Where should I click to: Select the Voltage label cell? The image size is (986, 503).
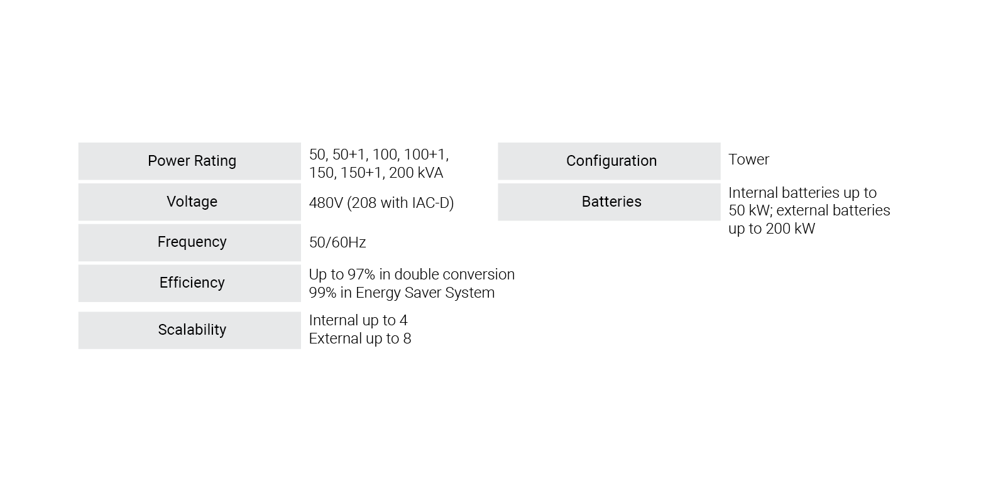[x=190, y=202]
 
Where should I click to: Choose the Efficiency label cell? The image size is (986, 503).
[x=190, y=283]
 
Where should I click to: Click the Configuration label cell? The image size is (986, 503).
[x=609, y=161]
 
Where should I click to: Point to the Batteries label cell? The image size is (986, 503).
[x=609, y=202]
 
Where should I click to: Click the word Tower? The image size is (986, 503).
[x=748, y=159]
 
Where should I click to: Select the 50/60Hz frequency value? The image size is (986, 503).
[x=337, y=242]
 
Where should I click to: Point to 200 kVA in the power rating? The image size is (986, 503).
[x=416, y=173]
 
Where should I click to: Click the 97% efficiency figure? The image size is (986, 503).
[x=361, y=274]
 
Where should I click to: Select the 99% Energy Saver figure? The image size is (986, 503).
[x=322, y=293]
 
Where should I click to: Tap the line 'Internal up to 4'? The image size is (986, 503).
[x=358, y=320]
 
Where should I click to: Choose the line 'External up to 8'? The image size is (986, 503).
[x=360, y=338]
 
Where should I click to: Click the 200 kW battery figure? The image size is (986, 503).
[x=790, y=229]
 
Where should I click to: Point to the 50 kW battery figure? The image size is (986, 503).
[x=748, y=210]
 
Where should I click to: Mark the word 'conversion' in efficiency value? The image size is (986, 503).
[x=478, y=274]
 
